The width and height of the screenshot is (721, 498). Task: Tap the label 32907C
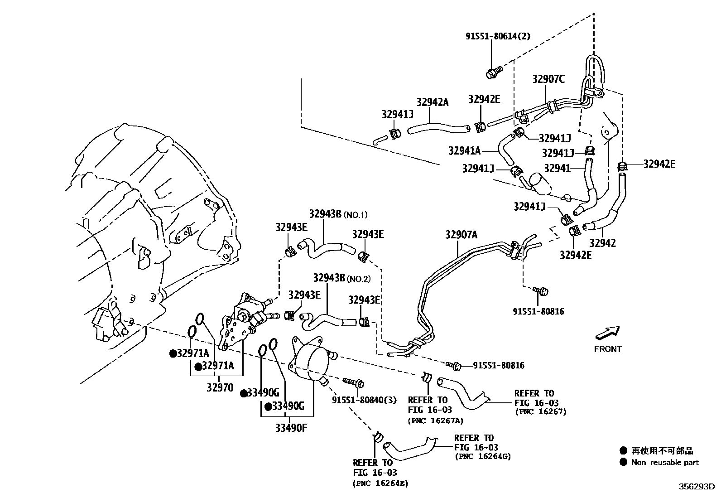548,79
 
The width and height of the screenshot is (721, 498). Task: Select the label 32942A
433,102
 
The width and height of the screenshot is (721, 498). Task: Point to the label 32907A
461,235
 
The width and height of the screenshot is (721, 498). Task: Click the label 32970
220,387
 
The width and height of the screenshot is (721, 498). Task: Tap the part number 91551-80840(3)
364,400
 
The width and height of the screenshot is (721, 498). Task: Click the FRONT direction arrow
607,333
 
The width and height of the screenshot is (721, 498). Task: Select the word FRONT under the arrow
608,349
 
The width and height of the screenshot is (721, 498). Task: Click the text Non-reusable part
665,463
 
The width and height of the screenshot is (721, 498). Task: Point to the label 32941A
464,150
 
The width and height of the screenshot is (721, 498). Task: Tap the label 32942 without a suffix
602,243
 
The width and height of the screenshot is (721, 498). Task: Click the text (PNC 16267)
541,412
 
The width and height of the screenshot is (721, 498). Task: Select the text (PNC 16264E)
380,483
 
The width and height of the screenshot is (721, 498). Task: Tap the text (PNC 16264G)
483,456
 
